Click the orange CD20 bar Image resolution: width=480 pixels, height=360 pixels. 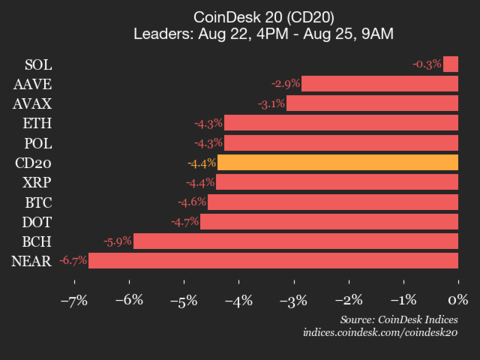click(338, 162)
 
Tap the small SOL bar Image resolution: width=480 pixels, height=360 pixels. click(451, 64)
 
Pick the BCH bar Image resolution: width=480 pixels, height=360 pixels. click(296, 241)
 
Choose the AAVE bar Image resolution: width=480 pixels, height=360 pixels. click(380, 83)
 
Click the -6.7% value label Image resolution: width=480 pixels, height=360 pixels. click(73, 260)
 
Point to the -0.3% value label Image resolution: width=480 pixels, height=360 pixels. click(427, 64)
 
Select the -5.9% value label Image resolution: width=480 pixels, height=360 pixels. click(118, 241)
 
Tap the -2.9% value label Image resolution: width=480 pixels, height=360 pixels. click(286, 83)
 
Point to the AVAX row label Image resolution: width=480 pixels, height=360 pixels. click(34, 103)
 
